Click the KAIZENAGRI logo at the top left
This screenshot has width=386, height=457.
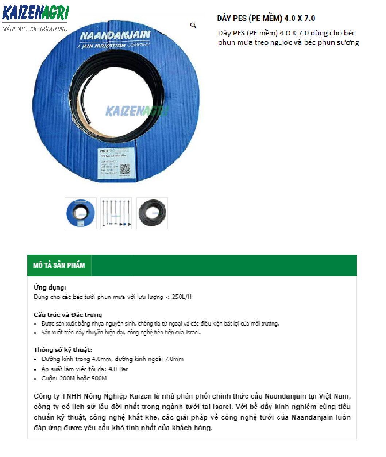(x=35, y=14)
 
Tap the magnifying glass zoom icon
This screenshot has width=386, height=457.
(x=193, y=25)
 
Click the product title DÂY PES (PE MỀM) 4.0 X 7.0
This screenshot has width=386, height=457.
(x=266, y=18)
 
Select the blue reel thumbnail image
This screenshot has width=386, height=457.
(x=81, y=213)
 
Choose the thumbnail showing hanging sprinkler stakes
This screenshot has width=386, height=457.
(x=116, y=213)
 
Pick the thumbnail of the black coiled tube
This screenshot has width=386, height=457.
(x=152, y=213)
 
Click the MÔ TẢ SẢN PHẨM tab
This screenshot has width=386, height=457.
(x=59, y=265)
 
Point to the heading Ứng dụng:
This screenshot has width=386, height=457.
(x=50, y=287)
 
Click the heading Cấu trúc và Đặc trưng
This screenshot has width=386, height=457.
(x=68, y=315)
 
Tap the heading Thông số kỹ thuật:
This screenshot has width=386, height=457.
(x=63, y=350)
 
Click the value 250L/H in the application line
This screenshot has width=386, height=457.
(x=181, y=297)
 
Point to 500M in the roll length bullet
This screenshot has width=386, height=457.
(x=99, y=378)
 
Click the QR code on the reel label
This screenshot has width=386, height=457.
(x=125, y=169)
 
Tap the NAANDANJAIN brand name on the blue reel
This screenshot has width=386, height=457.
(x=115, y=35)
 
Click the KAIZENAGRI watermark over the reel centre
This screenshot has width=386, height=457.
(x=137, y=111)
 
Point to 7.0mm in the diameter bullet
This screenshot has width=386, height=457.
(x=174, y=359)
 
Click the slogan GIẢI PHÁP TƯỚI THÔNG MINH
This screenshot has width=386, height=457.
(x=35, y=29)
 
